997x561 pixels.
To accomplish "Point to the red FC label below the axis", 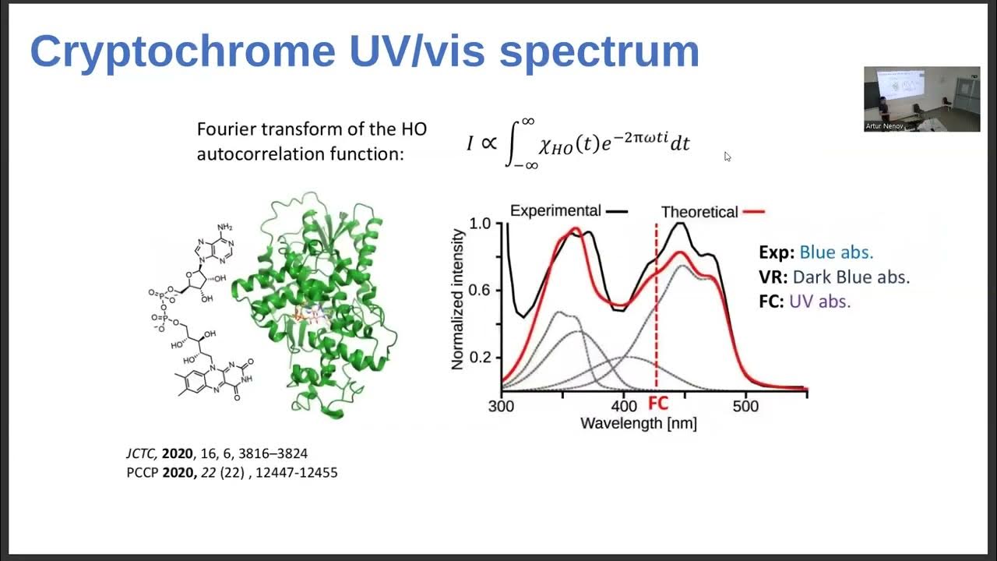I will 658,404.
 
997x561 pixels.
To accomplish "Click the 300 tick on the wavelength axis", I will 501,407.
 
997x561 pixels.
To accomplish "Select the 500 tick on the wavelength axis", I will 745,407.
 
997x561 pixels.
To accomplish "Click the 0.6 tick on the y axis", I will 480,290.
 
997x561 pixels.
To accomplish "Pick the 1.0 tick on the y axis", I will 480,224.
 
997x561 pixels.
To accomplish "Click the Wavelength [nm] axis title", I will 638,424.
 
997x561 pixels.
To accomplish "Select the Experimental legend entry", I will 555,210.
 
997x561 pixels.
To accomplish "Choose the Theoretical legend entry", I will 699,211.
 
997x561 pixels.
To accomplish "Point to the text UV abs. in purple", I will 819,301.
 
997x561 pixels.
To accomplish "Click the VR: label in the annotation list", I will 773,277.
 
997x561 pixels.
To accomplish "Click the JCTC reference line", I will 222,453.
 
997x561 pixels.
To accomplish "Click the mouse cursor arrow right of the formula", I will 727,157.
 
